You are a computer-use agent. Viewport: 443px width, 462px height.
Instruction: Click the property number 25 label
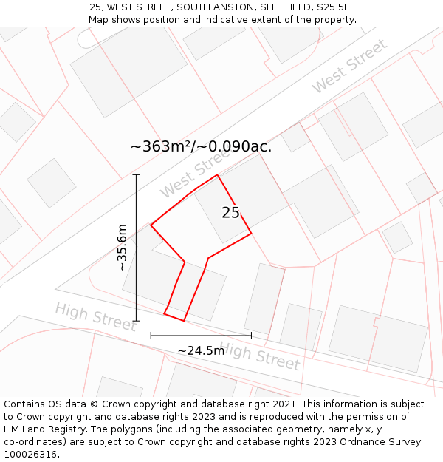tap(230, 213)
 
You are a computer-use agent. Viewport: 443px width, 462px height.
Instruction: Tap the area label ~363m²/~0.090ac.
tap(201, 146)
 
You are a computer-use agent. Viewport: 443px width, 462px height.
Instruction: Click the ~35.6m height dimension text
tap(123, 248)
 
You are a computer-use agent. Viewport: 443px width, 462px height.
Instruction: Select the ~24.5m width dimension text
tap(201, 350)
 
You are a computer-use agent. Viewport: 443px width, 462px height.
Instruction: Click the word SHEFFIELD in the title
tap(283, 7)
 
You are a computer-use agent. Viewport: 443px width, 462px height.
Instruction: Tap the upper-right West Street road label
tap(349, 66)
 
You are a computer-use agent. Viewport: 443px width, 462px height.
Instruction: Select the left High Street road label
tap(95, 316)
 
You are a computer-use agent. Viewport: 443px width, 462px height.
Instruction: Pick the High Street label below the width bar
tap(260, 356)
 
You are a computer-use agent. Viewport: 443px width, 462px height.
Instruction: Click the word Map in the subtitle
tap(100, 19)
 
